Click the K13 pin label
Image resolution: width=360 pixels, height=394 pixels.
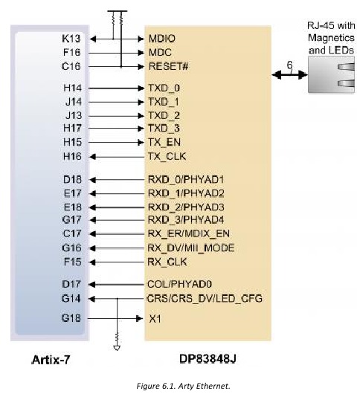[71, 39]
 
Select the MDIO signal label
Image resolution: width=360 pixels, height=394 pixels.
[162, 39]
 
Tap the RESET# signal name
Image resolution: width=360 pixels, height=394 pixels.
[168, 66]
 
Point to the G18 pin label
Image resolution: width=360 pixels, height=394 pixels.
[71, 318]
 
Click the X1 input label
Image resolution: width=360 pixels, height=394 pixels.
[155, 319]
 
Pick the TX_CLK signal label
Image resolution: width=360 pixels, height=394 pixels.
[167, 156]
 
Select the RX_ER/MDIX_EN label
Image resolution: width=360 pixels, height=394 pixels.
[188, 233]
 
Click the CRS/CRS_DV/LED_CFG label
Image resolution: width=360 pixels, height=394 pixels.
[205, 299]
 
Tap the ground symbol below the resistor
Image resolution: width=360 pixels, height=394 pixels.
[117, 348]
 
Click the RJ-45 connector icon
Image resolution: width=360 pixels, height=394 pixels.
[331, 74]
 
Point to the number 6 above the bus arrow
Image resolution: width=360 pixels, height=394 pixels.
[289, 65]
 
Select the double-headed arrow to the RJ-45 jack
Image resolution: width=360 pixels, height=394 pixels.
[289, 74]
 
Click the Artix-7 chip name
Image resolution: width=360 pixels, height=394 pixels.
[51, 360]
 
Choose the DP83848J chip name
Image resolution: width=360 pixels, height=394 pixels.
[208, 359]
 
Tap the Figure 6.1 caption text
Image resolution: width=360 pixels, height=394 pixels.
[183, 386]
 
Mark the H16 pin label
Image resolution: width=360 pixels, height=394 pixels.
[72, 156]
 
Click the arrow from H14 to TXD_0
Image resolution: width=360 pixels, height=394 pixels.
[116, 88]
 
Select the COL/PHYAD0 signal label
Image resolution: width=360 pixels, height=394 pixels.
[179, 284]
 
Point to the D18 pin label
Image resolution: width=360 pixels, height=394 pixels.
[72, 180]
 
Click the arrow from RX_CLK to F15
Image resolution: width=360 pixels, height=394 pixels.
[117, 262]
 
